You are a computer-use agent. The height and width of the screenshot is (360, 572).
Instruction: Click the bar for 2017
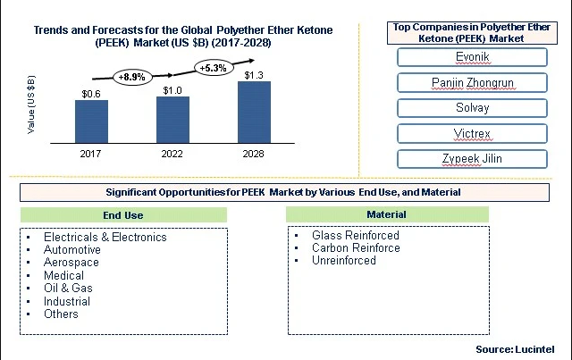[x=91, y=121]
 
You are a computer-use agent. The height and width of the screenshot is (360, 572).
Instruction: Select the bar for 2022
[x=172, y=120]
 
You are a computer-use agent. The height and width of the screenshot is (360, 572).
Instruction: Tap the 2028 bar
[x=254, y=112]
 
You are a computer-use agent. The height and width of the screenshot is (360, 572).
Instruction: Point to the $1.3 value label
[x=254, y=75]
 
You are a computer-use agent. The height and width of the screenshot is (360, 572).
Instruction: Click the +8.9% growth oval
[x=131, y=77]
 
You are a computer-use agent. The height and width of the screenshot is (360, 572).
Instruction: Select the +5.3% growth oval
[x=214, y=68]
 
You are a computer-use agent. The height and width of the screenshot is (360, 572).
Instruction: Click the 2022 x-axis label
[x=172, y=154]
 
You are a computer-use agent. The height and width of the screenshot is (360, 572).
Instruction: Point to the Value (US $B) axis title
[x=31, y=105]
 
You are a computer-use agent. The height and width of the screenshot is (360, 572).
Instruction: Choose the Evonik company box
[x=472, y=57]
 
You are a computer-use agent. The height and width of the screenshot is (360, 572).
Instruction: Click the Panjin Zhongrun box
[x=472, y=83]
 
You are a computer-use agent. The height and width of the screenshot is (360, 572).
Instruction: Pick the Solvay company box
[x=472, y=108]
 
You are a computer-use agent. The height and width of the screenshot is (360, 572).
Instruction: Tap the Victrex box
[x=472, y=133]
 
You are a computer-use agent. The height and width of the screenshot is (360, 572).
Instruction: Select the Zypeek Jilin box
[x=472, y=159]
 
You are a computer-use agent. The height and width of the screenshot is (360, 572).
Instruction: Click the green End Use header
[x=123, y=215]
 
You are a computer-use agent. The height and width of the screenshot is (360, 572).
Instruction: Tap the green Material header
[x=387, y=214]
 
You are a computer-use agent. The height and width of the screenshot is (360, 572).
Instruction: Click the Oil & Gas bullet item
[x=68, y=289]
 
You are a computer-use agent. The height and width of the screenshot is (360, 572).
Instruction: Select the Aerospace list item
[x=71, y=263]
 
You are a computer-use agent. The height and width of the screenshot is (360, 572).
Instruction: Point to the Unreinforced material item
[x=344, y=261]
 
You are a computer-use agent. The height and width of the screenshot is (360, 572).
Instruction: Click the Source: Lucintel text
[x=515, y=349]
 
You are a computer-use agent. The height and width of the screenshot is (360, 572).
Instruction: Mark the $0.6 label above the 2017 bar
[x=91, y=94]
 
